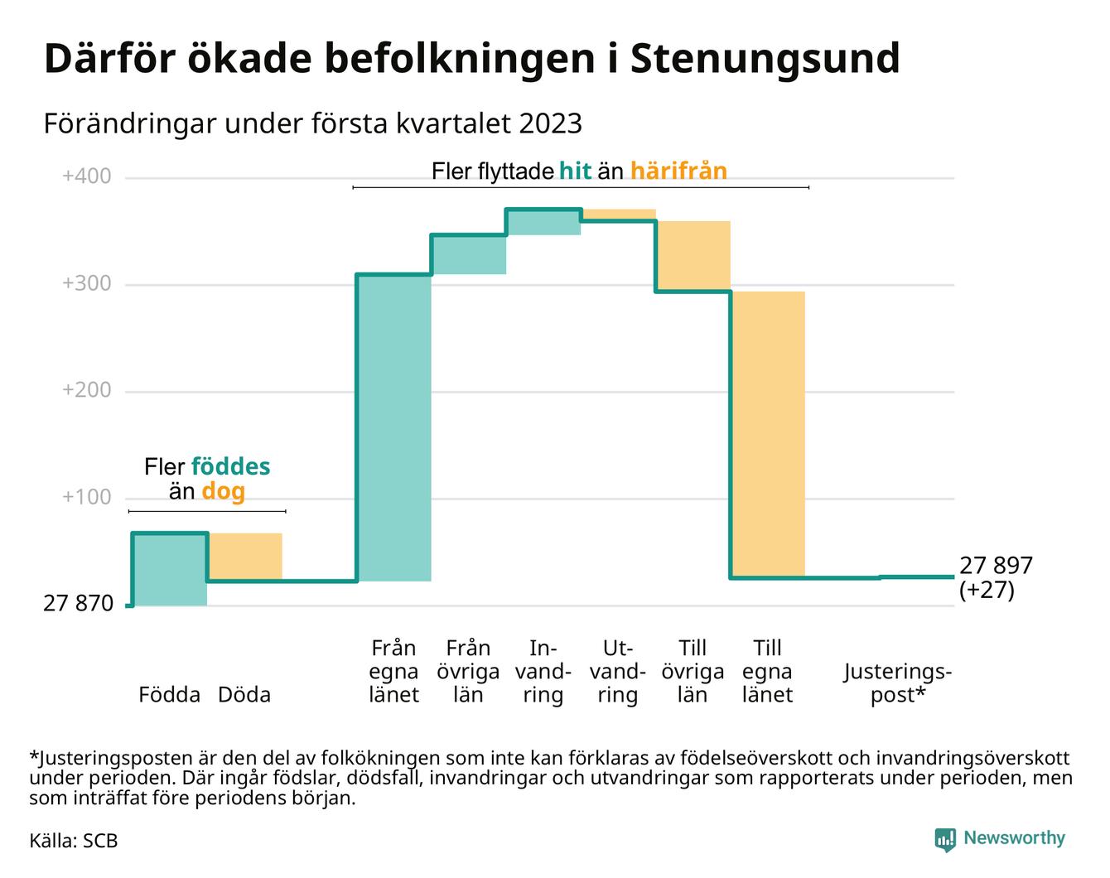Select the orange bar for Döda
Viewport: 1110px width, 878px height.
coord(244,557)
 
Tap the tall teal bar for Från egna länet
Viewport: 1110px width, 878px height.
coord(394,427)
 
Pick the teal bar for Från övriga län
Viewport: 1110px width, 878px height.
coord(469,254)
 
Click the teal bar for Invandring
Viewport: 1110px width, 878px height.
coord(543,222)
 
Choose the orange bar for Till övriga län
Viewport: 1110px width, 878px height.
coord(693,256)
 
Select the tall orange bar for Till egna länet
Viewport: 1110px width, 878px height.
coord(768,434)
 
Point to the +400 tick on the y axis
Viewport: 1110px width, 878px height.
coord(87,176)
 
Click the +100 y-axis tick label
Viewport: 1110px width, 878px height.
coord(87,497)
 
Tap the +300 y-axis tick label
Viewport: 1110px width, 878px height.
coord(87,283)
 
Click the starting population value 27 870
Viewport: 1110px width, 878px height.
coord(78,604)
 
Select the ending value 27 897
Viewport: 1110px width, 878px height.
coord(996,566)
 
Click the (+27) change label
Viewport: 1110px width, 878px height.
coord(987,591)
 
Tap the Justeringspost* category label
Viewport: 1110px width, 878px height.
coord(898,683)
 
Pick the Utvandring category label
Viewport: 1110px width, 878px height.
coord(618,671)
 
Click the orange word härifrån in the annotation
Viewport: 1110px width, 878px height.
coord(678,171)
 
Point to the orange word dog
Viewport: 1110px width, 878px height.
coord(224,492)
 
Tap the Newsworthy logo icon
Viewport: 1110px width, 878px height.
coord(945,839)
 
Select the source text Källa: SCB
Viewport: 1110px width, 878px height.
coord(74,841)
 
